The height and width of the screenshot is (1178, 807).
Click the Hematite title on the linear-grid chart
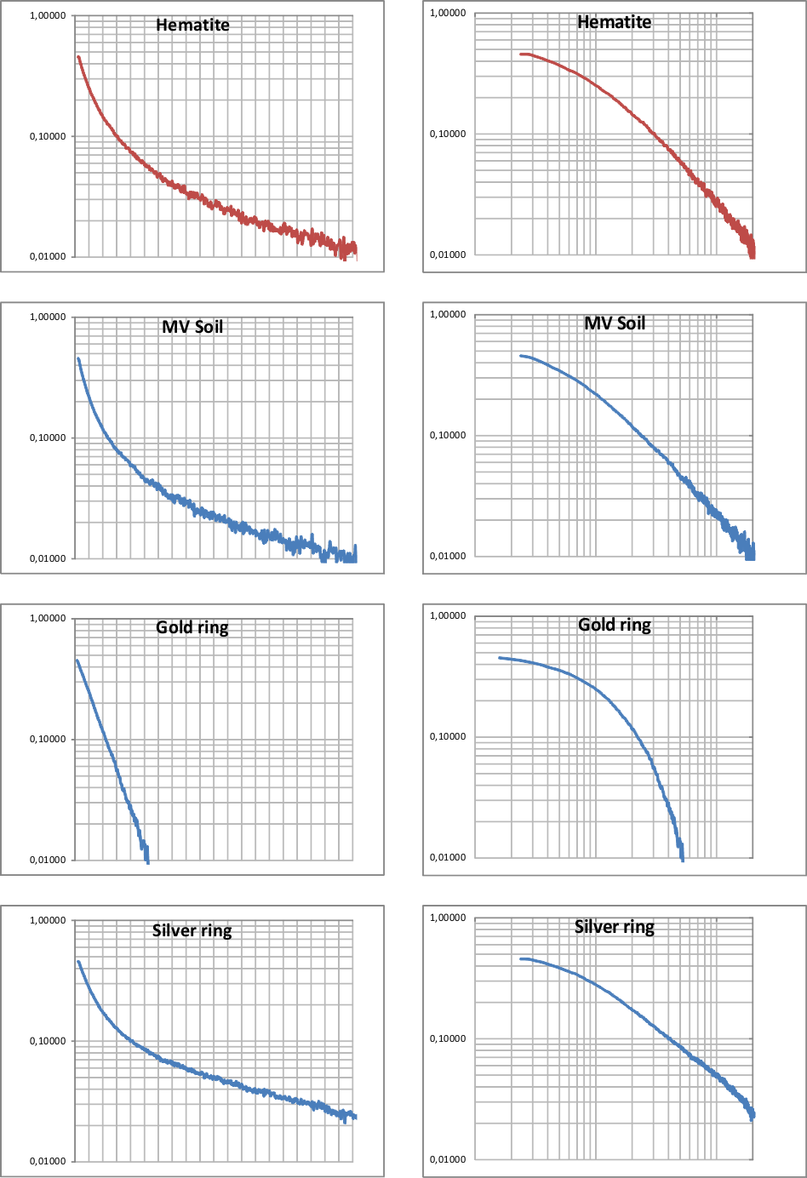(x=192, y=25)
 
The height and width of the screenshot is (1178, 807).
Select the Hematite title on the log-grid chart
(x=614, y=22)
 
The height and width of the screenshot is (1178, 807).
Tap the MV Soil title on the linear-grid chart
(x=192, y=327)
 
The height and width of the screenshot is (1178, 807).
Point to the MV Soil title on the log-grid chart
(x=615, y=323)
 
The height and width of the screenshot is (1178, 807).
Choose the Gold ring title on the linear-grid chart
(x=192, y=628)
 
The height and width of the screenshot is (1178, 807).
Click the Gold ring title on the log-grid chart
(x=615, y=625)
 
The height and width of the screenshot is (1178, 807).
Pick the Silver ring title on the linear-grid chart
(x=192, y=930)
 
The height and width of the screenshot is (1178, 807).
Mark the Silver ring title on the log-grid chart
(x=615, y=927)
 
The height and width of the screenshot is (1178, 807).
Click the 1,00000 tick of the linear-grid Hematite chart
(x=48, y=16)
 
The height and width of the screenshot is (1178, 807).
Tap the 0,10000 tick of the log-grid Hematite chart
(x=448, y=134)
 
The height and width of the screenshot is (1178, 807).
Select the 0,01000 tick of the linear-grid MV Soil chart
(x=48, y=558)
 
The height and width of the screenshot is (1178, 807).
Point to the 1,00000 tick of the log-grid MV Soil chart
(x=448, y=314)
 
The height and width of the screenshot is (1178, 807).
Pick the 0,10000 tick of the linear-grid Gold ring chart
(x=48, y=739)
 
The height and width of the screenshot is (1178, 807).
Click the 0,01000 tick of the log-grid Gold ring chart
(x=448, y=857)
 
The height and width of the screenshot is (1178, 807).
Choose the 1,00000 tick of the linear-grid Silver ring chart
(x=48, y=920)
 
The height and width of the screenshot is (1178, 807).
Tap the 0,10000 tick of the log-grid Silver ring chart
(x=448, y=1038)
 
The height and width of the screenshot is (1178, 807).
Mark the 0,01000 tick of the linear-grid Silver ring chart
(x=48, y=1161)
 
